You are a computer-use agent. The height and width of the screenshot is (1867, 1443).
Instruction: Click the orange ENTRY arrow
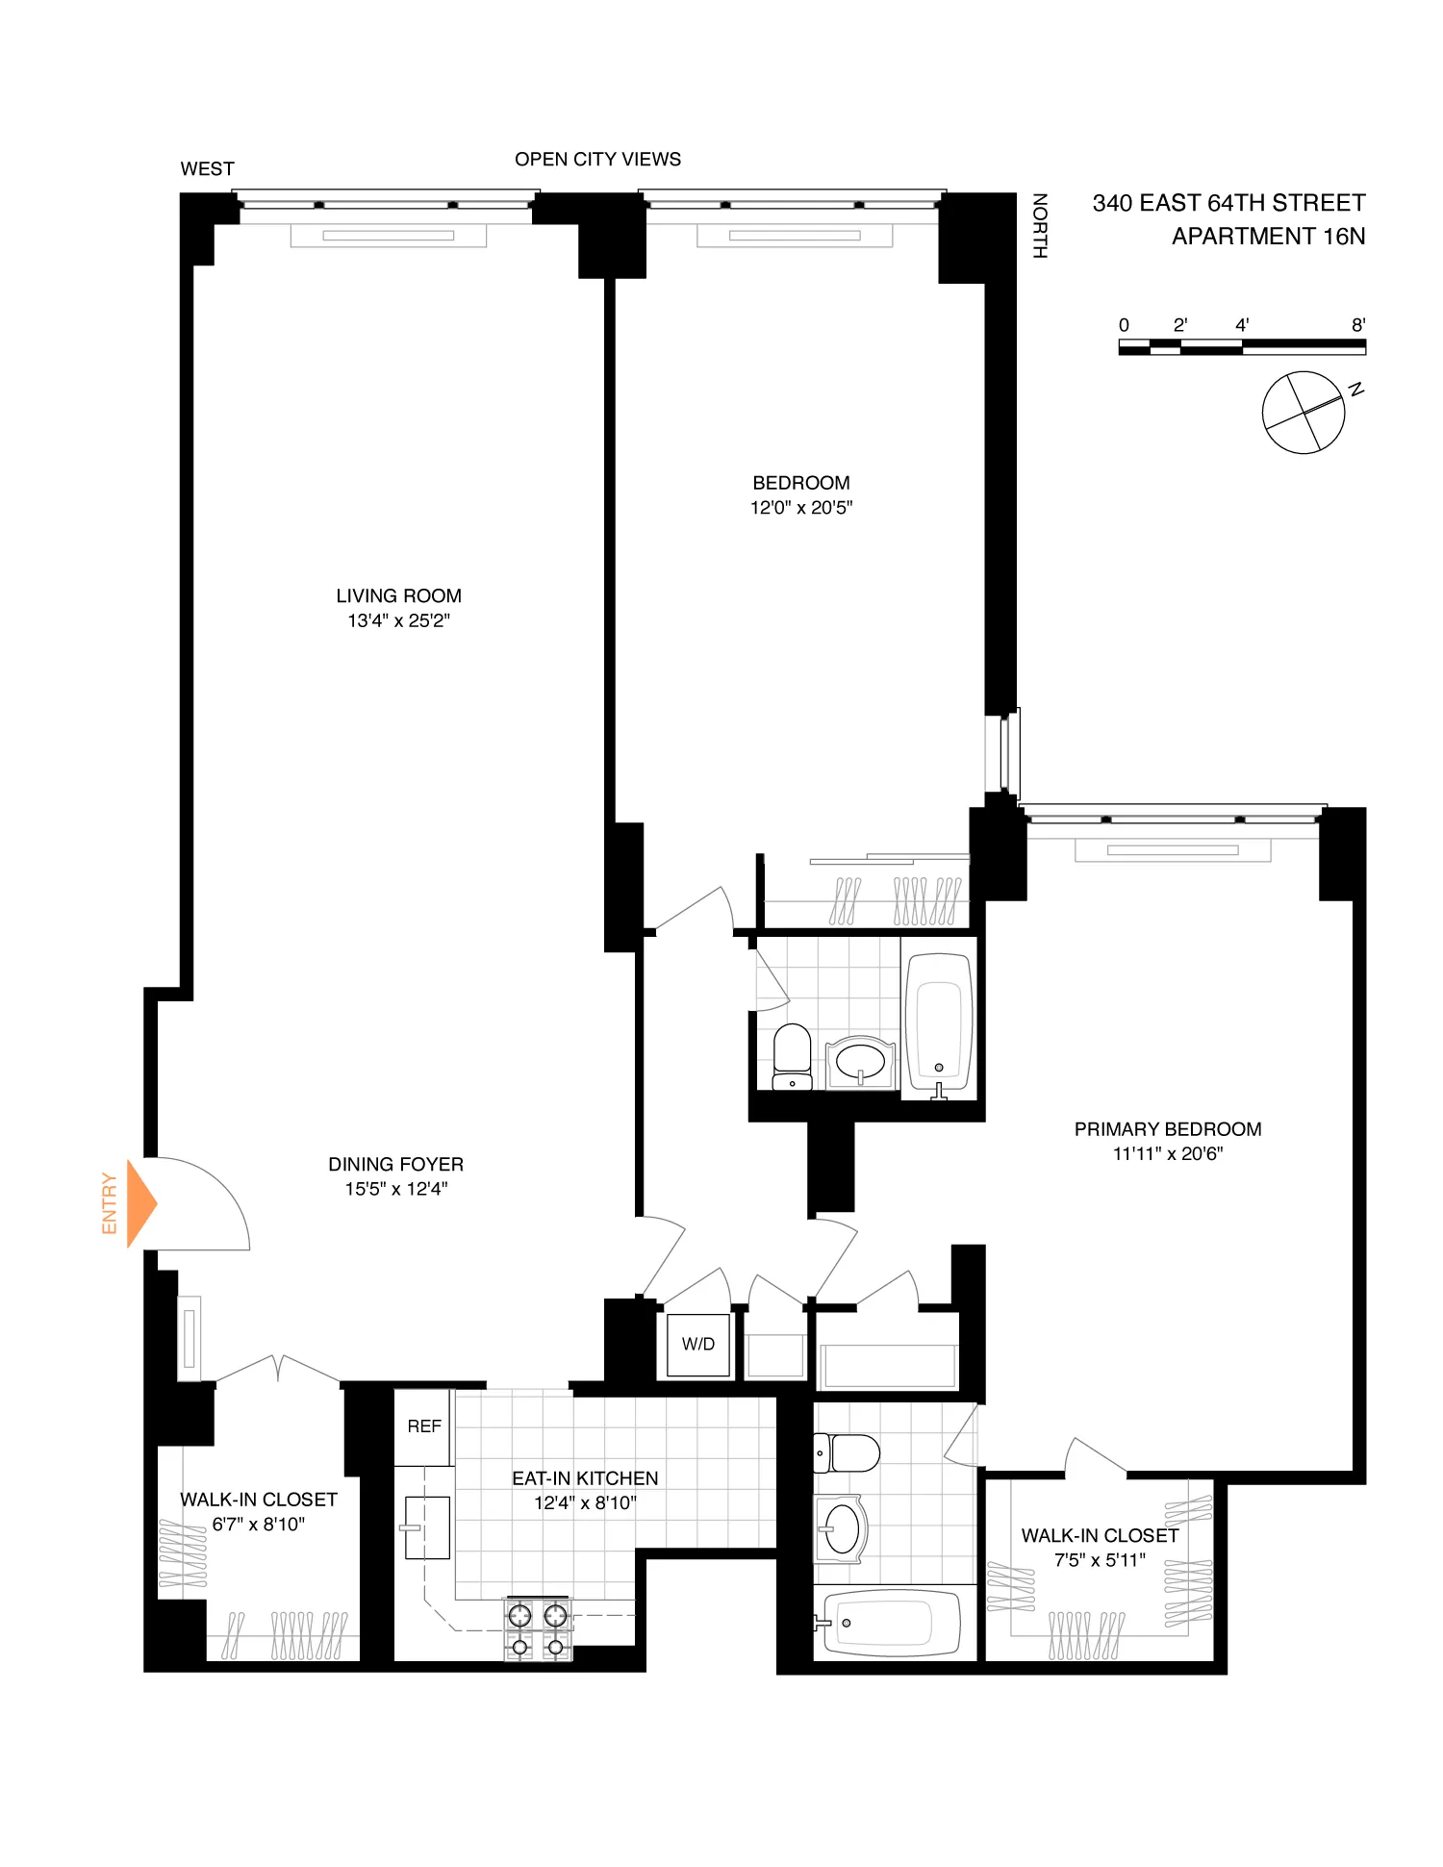140,1203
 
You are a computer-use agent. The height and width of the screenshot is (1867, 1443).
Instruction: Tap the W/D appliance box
698,1344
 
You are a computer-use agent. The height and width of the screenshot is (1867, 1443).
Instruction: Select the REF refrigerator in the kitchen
423,1426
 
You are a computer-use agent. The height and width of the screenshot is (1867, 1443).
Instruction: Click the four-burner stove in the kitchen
538,1629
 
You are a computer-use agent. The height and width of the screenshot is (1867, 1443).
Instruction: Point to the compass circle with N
1303,413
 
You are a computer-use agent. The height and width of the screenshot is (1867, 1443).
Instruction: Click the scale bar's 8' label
1357,325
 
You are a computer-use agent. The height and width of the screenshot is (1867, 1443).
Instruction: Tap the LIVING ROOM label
398,596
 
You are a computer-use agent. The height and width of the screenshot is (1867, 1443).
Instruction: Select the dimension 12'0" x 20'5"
801,508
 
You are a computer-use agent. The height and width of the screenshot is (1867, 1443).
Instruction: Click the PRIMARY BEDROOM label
1167,1129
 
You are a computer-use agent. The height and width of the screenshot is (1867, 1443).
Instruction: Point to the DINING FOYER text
395,1164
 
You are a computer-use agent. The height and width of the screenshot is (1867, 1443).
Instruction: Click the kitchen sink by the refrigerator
427,1526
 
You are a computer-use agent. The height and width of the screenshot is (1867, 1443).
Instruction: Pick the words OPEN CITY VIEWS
597,160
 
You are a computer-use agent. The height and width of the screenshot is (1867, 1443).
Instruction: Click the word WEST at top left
207,169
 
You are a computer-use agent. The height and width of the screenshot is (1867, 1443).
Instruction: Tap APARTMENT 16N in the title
1268,237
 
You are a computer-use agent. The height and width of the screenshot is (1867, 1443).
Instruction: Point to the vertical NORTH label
1039,226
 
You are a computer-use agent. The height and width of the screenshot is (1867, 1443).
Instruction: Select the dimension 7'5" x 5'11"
1100,1560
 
